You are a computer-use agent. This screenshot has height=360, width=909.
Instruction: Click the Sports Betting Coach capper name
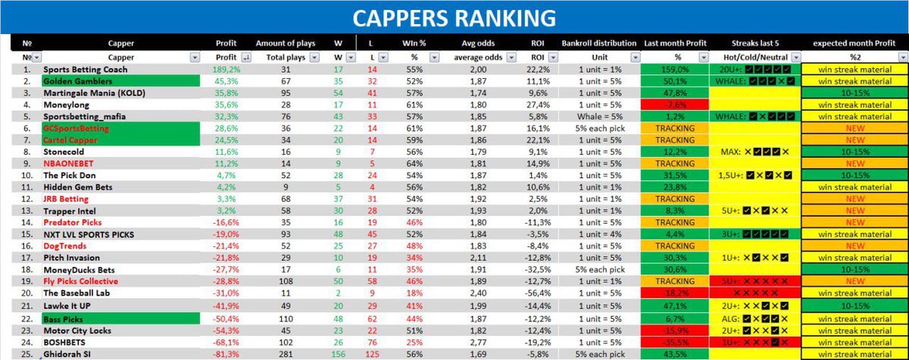coord(85,69)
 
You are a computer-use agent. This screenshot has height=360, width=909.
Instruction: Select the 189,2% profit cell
coord(227,69)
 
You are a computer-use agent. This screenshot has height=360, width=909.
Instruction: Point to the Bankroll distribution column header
coord(599,43)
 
